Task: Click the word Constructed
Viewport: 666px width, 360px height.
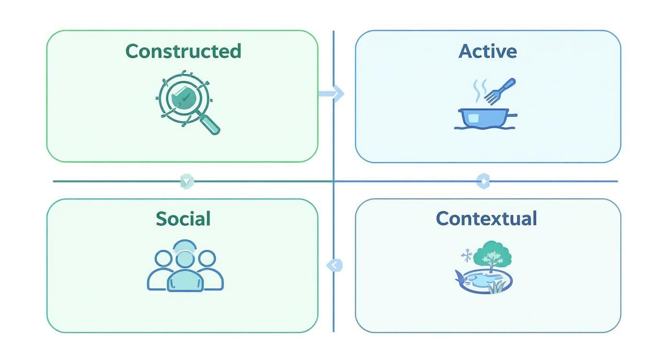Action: coord(183,51)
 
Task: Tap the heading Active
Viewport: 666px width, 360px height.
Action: coord(488,51)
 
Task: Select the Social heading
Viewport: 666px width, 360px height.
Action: coord(183,219)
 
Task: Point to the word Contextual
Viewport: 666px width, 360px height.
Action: coord(486,219)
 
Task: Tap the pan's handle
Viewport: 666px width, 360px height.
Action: coord(511,115)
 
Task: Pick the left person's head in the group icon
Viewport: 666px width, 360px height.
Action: coord(163,259)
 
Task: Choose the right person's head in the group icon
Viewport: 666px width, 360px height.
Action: coord(207,259)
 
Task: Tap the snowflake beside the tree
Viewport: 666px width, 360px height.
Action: coord(466,256)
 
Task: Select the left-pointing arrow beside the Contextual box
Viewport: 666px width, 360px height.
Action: coord(334,265)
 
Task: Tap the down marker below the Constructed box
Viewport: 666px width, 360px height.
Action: coord(187,181)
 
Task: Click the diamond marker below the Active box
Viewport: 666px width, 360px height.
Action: coord(483,181)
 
